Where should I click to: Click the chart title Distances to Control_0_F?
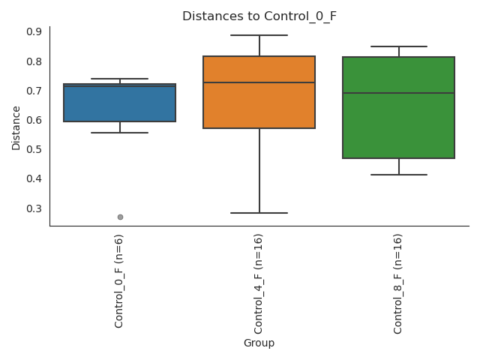259,16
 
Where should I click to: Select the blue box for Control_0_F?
119,105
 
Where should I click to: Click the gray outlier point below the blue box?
120,217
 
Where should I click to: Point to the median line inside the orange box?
259,82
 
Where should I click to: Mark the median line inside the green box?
398,93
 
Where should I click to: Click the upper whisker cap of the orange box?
259,35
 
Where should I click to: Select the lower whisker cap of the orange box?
259,213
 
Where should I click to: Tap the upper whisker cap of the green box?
398,46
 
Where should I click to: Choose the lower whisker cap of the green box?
398,175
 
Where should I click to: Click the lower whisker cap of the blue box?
119,133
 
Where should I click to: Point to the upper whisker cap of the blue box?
119,79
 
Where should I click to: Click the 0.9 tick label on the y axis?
34,31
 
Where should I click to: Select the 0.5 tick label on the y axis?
34,149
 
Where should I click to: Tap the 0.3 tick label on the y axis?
34,208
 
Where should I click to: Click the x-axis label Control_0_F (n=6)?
119,280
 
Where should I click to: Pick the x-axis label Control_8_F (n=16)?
398,283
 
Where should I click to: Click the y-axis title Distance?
16,127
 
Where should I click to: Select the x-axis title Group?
259,343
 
